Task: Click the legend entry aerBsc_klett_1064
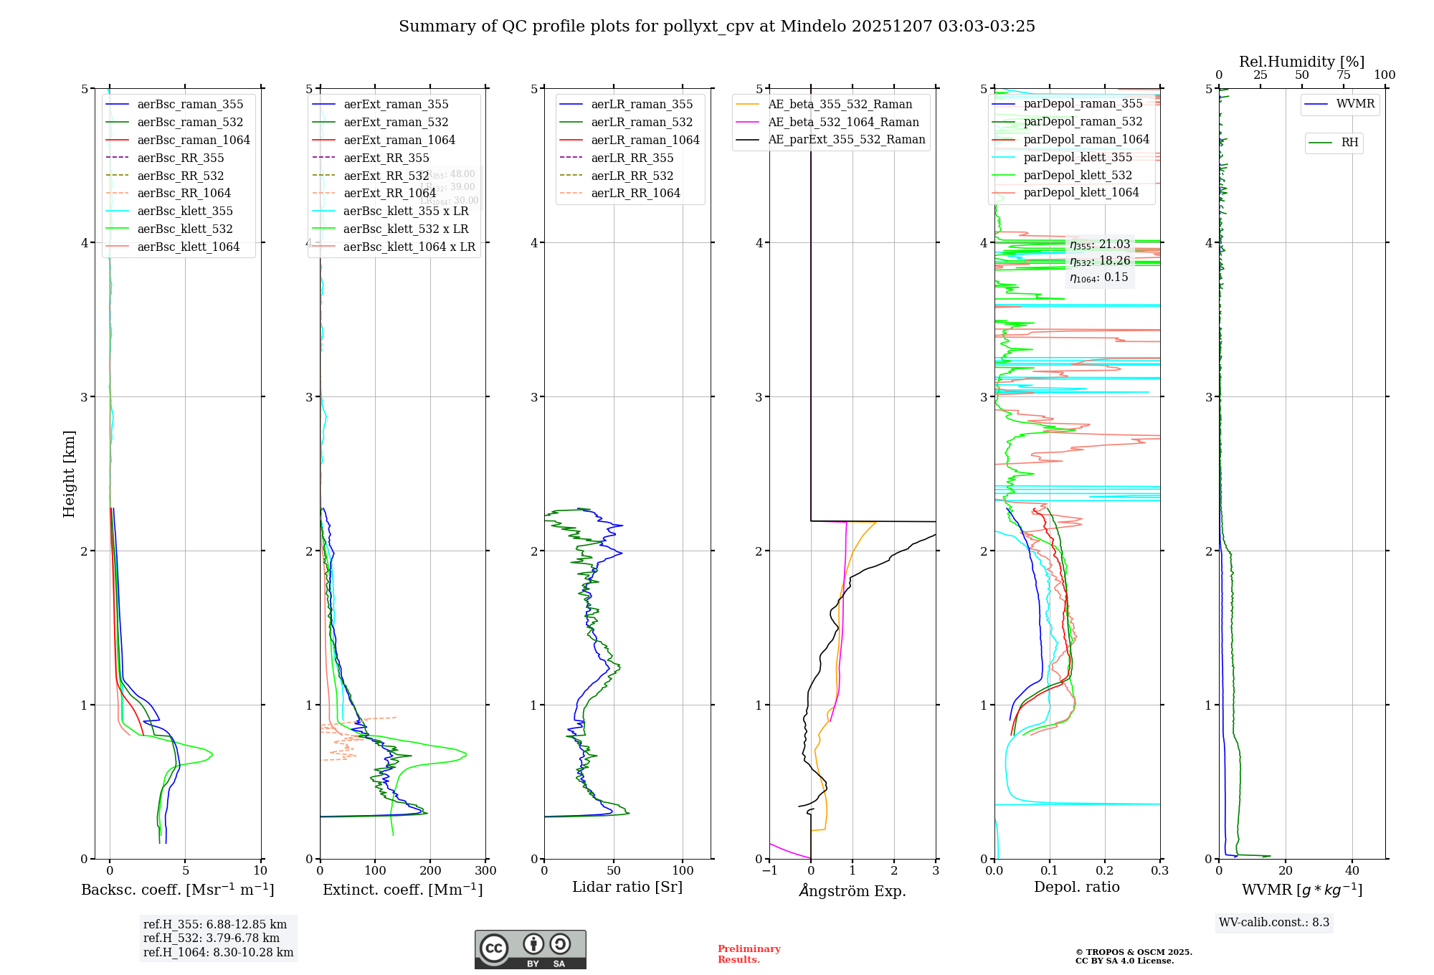pos(188,247)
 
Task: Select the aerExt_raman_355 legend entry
pos(396,104)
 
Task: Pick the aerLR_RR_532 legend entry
pos(632,176)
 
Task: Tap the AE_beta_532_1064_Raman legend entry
pos(843,122)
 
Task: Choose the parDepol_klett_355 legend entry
pos(1078,157)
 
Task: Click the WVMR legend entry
pos(1355,104)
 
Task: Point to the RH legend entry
pos(1349,143)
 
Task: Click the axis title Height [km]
pos(69,474)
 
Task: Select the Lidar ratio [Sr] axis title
pos(627,887)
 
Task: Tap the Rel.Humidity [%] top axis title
pos(1301,62)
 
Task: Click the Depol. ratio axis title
pos(1076,887)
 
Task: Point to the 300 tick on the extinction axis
pos(485,870)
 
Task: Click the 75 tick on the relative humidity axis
pos(1343,75)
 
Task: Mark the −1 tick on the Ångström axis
pos(769,870)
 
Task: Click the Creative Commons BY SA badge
pos(530,949)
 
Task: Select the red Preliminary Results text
pos(749,953)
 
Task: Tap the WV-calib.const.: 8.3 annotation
pos(1273,922)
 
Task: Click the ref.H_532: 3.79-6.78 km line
pos(212,938)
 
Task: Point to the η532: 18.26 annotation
pos(1099,261)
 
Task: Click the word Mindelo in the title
pos(813,27)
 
